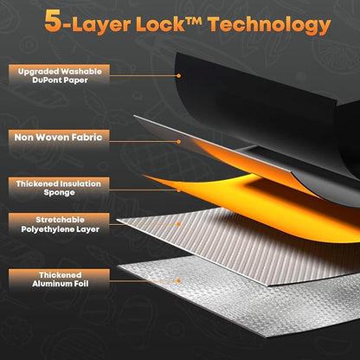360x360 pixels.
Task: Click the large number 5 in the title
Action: coord(54,21)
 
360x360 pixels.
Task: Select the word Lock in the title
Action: coord(160,23)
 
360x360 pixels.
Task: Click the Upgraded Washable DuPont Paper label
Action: coord(59,75)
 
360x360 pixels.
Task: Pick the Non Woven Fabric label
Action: coord(59,138)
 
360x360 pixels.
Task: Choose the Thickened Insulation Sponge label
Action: coord(59,188)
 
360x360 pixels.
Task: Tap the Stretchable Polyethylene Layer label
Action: coord(59,224)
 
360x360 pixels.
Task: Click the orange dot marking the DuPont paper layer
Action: coord(179,76)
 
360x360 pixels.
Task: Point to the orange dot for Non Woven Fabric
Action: coord(179,142)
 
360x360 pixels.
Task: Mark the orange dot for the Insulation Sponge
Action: coord(179,190)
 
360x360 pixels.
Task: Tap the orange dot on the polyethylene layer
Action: coord(179,224)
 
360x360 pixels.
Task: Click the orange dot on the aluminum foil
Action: coord(179,280)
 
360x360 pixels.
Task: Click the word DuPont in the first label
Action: coord(47,80)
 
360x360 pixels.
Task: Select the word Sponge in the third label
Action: coord(59,193)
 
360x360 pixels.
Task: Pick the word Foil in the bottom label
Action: coord(81,284)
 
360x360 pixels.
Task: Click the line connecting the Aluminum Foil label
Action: coord(144,280)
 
